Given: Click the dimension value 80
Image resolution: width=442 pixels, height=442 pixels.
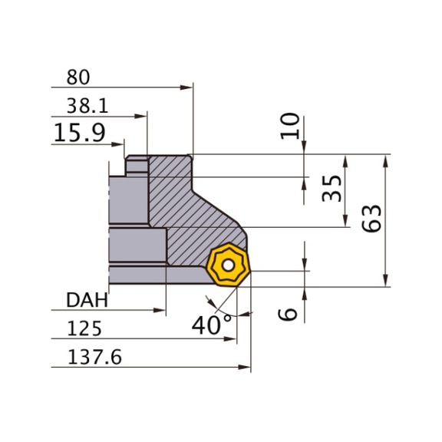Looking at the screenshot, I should (78, 78).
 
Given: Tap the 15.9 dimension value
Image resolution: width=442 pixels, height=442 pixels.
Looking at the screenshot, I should (79, 134).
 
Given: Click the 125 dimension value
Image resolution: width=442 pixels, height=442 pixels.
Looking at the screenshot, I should (84, 328).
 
